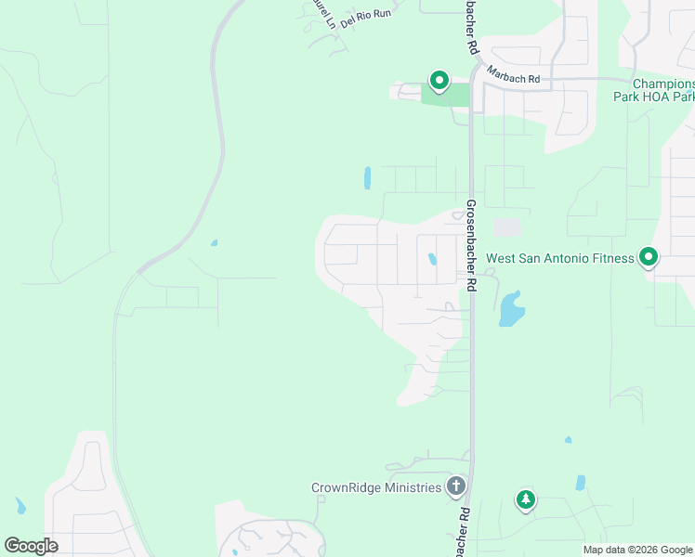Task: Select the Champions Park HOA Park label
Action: tap(654, 89)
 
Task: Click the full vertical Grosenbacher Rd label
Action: tap(472, 246)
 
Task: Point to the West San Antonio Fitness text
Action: tap(560, 258)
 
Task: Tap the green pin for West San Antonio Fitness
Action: tap(649, 256)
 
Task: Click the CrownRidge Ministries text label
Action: tap(376, 487)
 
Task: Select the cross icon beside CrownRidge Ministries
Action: tap(455, 486)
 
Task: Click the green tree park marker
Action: tap(526, 500)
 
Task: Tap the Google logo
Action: tap(31, 546)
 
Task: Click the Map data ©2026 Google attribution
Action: tap(637, 550)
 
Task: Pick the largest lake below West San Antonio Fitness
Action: tap(510, 309)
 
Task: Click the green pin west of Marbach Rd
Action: tap(439, 81)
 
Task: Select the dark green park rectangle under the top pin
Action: tap(446, 95)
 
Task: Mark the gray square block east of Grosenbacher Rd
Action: tap(506, 227)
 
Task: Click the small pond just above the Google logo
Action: tap(20, 506)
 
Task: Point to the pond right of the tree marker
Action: tap(581, 483)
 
